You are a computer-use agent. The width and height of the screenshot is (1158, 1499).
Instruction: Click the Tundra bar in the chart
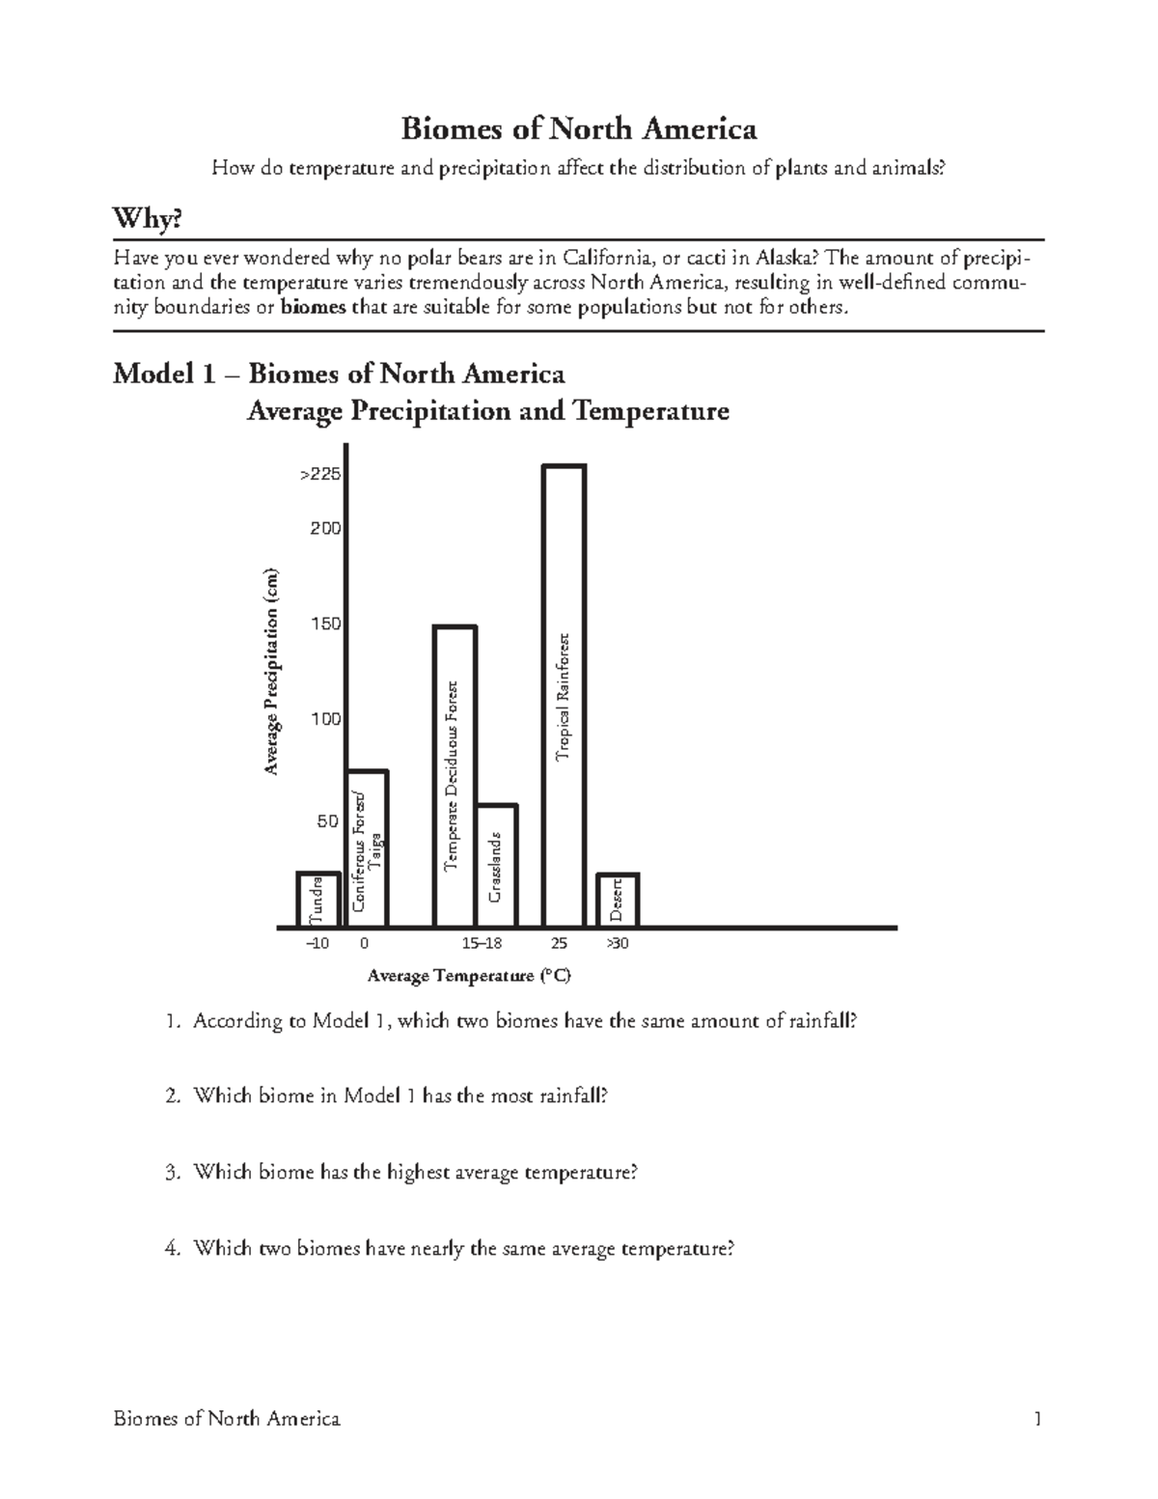[x=317, y=900]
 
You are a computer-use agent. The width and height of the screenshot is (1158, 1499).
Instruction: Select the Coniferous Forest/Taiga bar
[x=368, y=848]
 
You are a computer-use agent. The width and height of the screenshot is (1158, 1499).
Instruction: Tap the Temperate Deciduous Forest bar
[x=455, y=776]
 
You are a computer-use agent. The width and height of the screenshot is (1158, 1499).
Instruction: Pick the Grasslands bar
[x=497, y=865]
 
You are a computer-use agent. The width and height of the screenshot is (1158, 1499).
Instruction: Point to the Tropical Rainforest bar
[x=564, y=695]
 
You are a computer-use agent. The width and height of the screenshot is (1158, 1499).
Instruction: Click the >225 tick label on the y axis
[x=319, y=475]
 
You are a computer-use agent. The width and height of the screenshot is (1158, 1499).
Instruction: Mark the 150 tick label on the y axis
[x=324, y=624]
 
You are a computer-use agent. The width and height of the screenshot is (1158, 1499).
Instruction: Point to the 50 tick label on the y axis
[x=328, y=821]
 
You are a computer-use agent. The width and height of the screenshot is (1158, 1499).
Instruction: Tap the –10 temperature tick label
[x=317, y=943]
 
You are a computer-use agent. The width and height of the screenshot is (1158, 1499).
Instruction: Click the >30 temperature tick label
[x=617, y=943]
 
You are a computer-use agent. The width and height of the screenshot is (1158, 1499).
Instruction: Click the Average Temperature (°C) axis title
[x=469, y=976]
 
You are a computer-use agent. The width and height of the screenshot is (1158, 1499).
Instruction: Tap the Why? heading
[x=148, y=220]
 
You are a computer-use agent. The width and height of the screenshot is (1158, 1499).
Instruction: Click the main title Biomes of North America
[x=579, y=128]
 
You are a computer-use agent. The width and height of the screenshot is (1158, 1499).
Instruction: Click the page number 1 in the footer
[x=1037, y=1419]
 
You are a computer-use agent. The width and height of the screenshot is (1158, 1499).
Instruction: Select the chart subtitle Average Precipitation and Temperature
[x=487, y=411]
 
